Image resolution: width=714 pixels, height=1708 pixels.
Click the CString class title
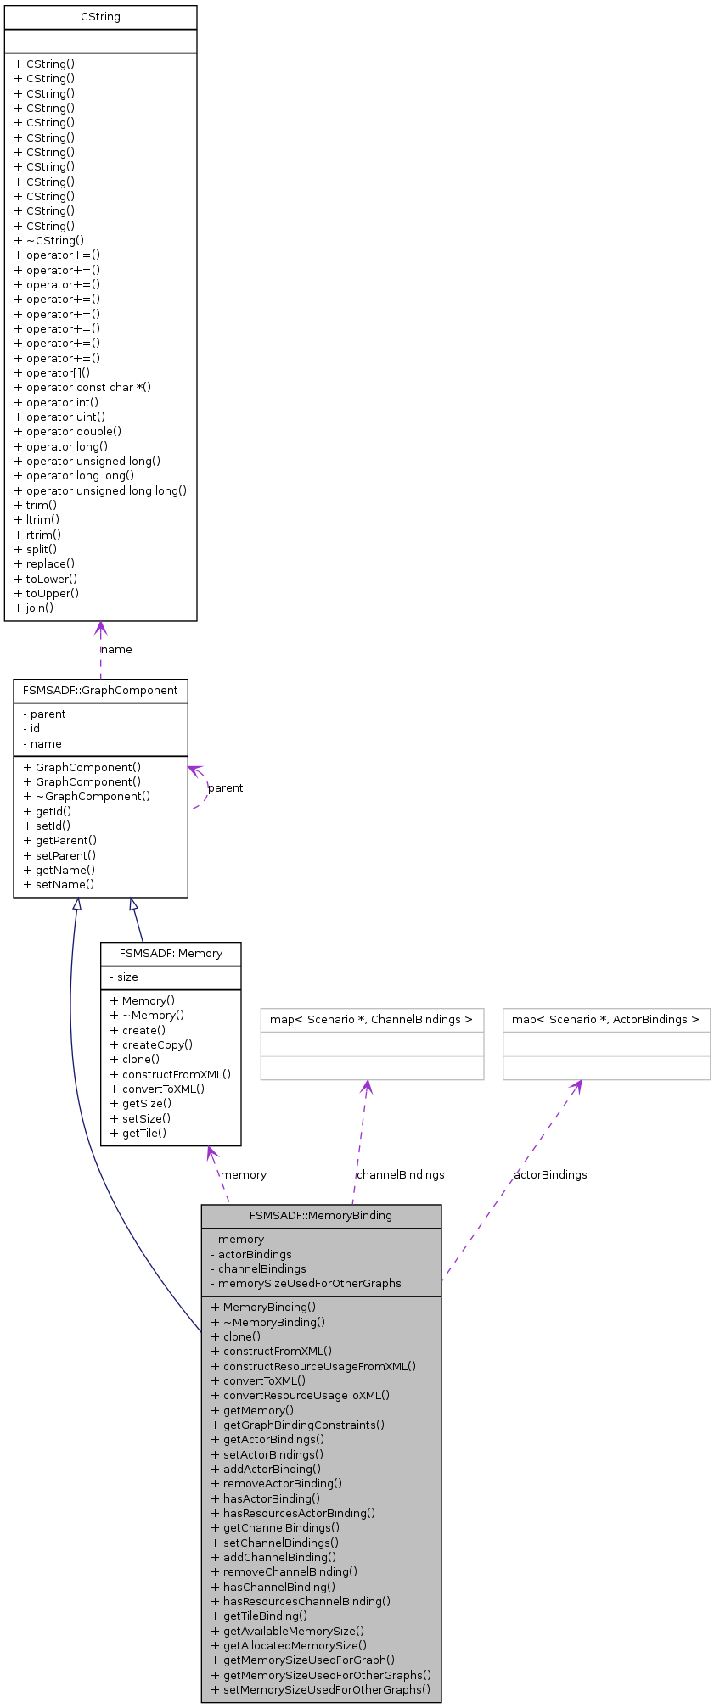click(x=100, y=17)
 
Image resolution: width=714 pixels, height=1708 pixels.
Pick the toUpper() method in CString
click(x=52, y=593)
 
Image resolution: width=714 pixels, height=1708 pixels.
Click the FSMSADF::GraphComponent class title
click(x=100, y=691)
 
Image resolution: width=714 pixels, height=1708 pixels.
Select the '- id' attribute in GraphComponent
click(x=31, y=729)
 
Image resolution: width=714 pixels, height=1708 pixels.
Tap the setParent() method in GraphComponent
click(x=59, y=855)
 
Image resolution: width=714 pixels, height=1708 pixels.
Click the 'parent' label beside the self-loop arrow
click(x=225, y=788)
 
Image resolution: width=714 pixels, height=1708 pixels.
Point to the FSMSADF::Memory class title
click(x=171, y=954)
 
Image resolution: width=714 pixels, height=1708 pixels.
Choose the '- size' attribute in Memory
click(x=124, y=977)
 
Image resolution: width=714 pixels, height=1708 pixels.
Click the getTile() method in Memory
click(x=138, y=1133)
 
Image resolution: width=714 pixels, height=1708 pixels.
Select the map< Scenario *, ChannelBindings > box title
click(x=372, y=1020)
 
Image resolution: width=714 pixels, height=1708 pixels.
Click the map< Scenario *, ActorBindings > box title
click(x=606, y=1020)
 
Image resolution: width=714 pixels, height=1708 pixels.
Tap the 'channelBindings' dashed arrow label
click(x=400, y=1175)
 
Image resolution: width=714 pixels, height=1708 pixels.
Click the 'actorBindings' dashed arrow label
click(x=550, y=1175)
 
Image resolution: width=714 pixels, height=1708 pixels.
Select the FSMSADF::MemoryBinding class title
click(x=321, y=1216)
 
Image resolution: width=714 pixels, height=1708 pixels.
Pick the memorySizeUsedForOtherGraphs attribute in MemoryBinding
click(x=306, y=1284)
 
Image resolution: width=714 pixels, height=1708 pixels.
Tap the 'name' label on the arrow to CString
click(x=116, y=650)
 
